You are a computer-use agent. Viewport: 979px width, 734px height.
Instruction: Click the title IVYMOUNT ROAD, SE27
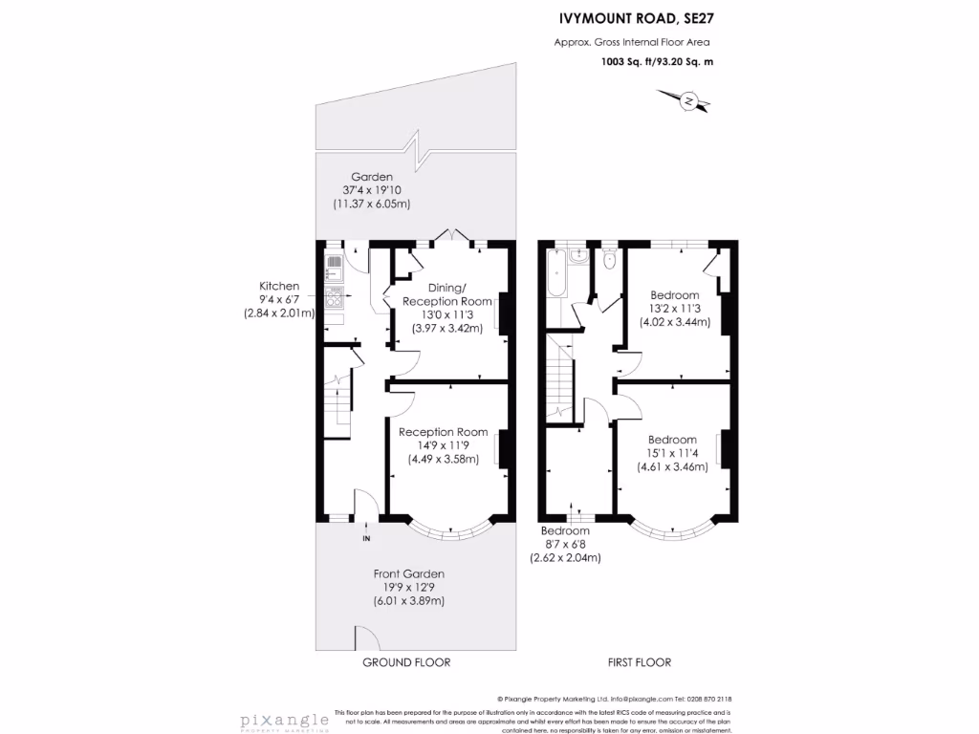(x=636, y=18)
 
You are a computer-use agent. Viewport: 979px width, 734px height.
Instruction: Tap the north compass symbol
(x=687, y=99)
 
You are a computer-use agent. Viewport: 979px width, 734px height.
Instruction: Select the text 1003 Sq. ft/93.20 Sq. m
(x=657, y=62)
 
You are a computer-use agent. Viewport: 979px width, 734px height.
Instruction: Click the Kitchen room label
(x=279, y=286)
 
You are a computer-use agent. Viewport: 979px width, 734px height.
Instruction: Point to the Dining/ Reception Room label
(x=446, y=294)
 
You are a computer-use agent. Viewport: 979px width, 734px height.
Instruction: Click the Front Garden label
(x=409, y=573)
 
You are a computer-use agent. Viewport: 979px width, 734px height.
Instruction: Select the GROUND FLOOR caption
(x=406, y=662)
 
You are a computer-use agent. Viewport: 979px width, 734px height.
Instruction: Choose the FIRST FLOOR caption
(x=640, y=662)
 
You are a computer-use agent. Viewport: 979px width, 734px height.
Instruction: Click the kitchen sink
(x=335, y=262)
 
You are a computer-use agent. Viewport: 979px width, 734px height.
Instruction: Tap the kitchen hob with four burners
(x=335, y=297)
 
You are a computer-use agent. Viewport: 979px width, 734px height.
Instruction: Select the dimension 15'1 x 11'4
(x=672, y=454)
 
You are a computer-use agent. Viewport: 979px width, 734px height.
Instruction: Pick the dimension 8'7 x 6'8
(x=565, y=544)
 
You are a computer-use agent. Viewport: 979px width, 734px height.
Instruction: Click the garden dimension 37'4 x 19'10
(x=372, y=190)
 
